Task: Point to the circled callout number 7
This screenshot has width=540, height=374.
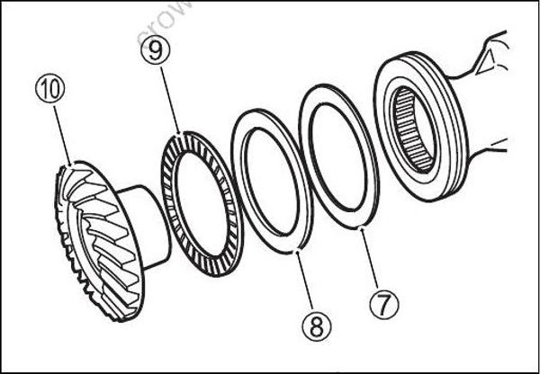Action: pyautogui.click(x=383, y=304)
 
